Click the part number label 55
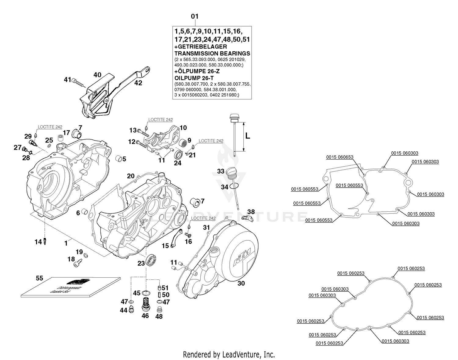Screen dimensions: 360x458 [39, 278]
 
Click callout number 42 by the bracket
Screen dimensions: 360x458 [138, 83]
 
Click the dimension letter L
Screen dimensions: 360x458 [248, 136]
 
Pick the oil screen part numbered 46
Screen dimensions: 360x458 [145, 304]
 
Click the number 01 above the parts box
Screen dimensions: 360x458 [194, 16]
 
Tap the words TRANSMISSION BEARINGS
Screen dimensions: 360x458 [212, 53]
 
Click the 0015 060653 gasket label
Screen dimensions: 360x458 [340, 157]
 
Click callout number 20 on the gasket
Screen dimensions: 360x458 [131, 176]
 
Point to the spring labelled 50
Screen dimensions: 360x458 [159, 295]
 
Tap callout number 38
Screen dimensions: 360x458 [251, 211]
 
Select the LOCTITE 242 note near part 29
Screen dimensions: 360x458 [50, 127]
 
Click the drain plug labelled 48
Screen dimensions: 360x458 [158, 310]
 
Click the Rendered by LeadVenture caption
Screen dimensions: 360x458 [229, 355]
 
